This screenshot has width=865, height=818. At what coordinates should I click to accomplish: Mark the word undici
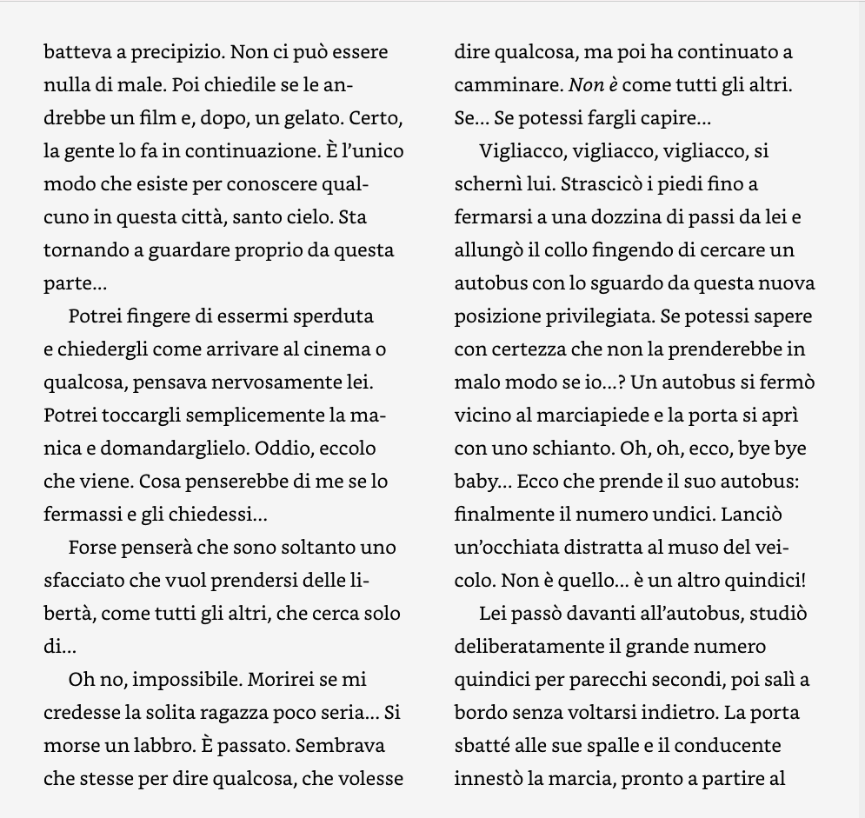click(684, 515)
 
